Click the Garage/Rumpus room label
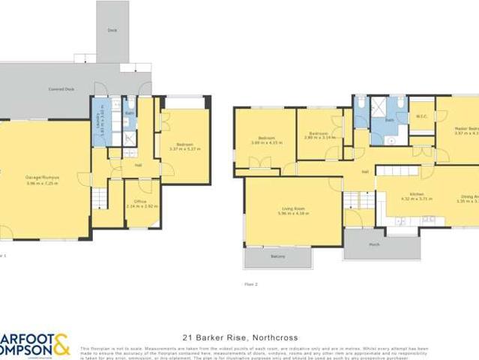click(x=43, y=178)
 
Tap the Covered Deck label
click(x=61, y=89)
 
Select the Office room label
click(x=140, y=202)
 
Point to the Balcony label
click(x=277, y=256)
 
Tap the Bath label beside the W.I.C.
click(x=389, y=120)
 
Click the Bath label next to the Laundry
click(x=130, y=113)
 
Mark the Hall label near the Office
click(x=138, y=165)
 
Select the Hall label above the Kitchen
click(x=365, y=172)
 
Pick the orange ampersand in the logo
click(x=61, y=344)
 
